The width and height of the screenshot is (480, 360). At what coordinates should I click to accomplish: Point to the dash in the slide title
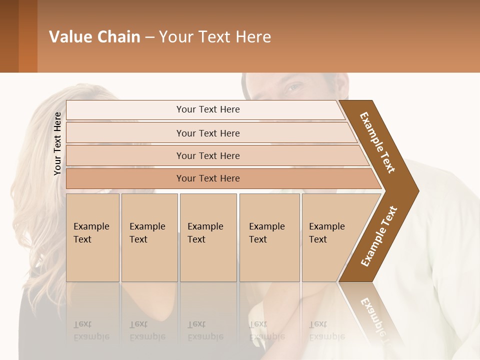click(149, 37)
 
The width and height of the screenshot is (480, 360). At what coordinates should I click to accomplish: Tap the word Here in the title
click(253, 36)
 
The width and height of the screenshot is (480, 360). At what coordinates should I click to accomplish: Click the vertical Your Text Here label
click(57, 143)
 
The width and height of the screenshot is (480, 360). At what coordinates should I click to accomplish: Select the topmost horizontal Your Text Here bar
click(207, 109)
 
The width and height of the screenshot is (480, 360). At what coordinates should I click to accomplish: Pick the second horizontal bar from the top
click(207, 133)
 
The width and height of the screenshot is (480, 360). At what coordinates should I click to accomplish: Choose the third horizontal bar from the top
click(207, 155)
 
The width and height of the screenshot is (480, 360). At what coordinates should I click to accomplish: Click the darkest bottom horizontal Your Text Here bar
click(207, 178)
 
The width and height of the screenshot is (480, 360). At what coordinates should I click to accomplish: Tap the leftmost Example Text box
click(92, 237)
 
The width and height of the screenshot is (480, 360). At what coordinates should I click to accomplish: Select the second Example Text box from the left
click(149, 237)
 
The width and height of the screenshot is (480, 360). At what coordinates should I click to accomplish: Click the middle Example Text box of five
click(207, 237)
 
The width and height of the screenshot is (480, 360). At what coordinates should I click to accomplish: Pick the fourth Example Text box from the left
click(269, 237)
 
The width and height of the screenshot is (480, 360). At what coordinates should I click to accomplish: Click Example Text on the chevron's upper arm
click(378, 142)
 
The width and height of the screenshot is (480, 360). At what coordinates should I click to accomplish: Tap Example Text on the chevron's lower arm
click(379, 236)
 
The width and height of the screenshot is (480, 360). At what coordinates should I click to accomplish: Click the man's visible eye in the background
click(294, 88)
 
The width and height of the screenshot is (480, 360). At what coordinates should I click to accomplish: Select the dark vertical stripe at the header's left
click(28, 36)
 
